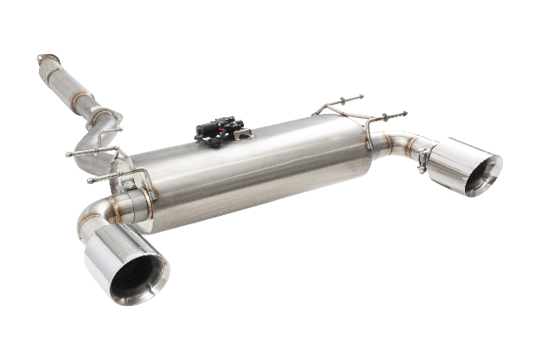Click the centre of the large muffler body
click(253, 173)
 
